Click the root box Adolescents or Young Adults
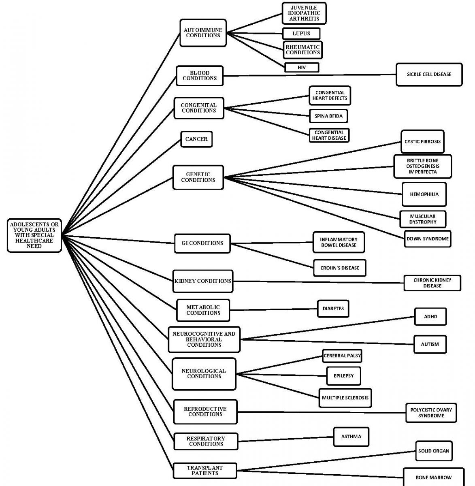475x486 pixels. (34, 235)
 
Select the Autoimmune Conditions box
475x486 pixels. (202, 33)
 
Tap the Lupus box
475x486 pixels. (301, 34)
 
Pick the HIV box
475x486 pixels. (302, 68)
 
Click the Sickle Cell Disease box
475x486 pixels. (429, 75)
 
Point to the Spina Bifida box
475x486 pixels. (328, 116)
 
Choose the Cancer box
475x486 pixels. (196, 139)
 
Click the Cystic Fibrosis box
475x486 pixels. (422, 142)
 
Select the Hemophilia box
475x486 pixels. (424, 194)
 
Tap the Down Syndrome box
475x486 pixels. (427, 239)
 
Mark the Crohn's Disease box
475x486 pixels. (340, 268)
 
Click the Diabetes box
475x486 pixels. (333, 309)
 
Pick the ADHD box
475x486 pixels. (430, 317)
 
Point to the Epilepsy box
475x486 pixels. (343, 376)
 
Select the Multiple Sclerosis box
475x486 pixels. (345, 398)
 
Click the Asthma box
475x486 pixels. (351, 437)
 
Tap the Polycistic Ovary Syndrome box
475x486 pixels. (431, 413)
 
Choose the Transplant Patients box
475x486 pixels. (205, 471)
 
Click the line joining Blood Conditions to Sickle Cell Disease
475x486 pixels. (309, 75)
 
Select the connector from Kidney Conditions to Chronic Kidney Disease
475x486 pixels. (318, 282)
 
